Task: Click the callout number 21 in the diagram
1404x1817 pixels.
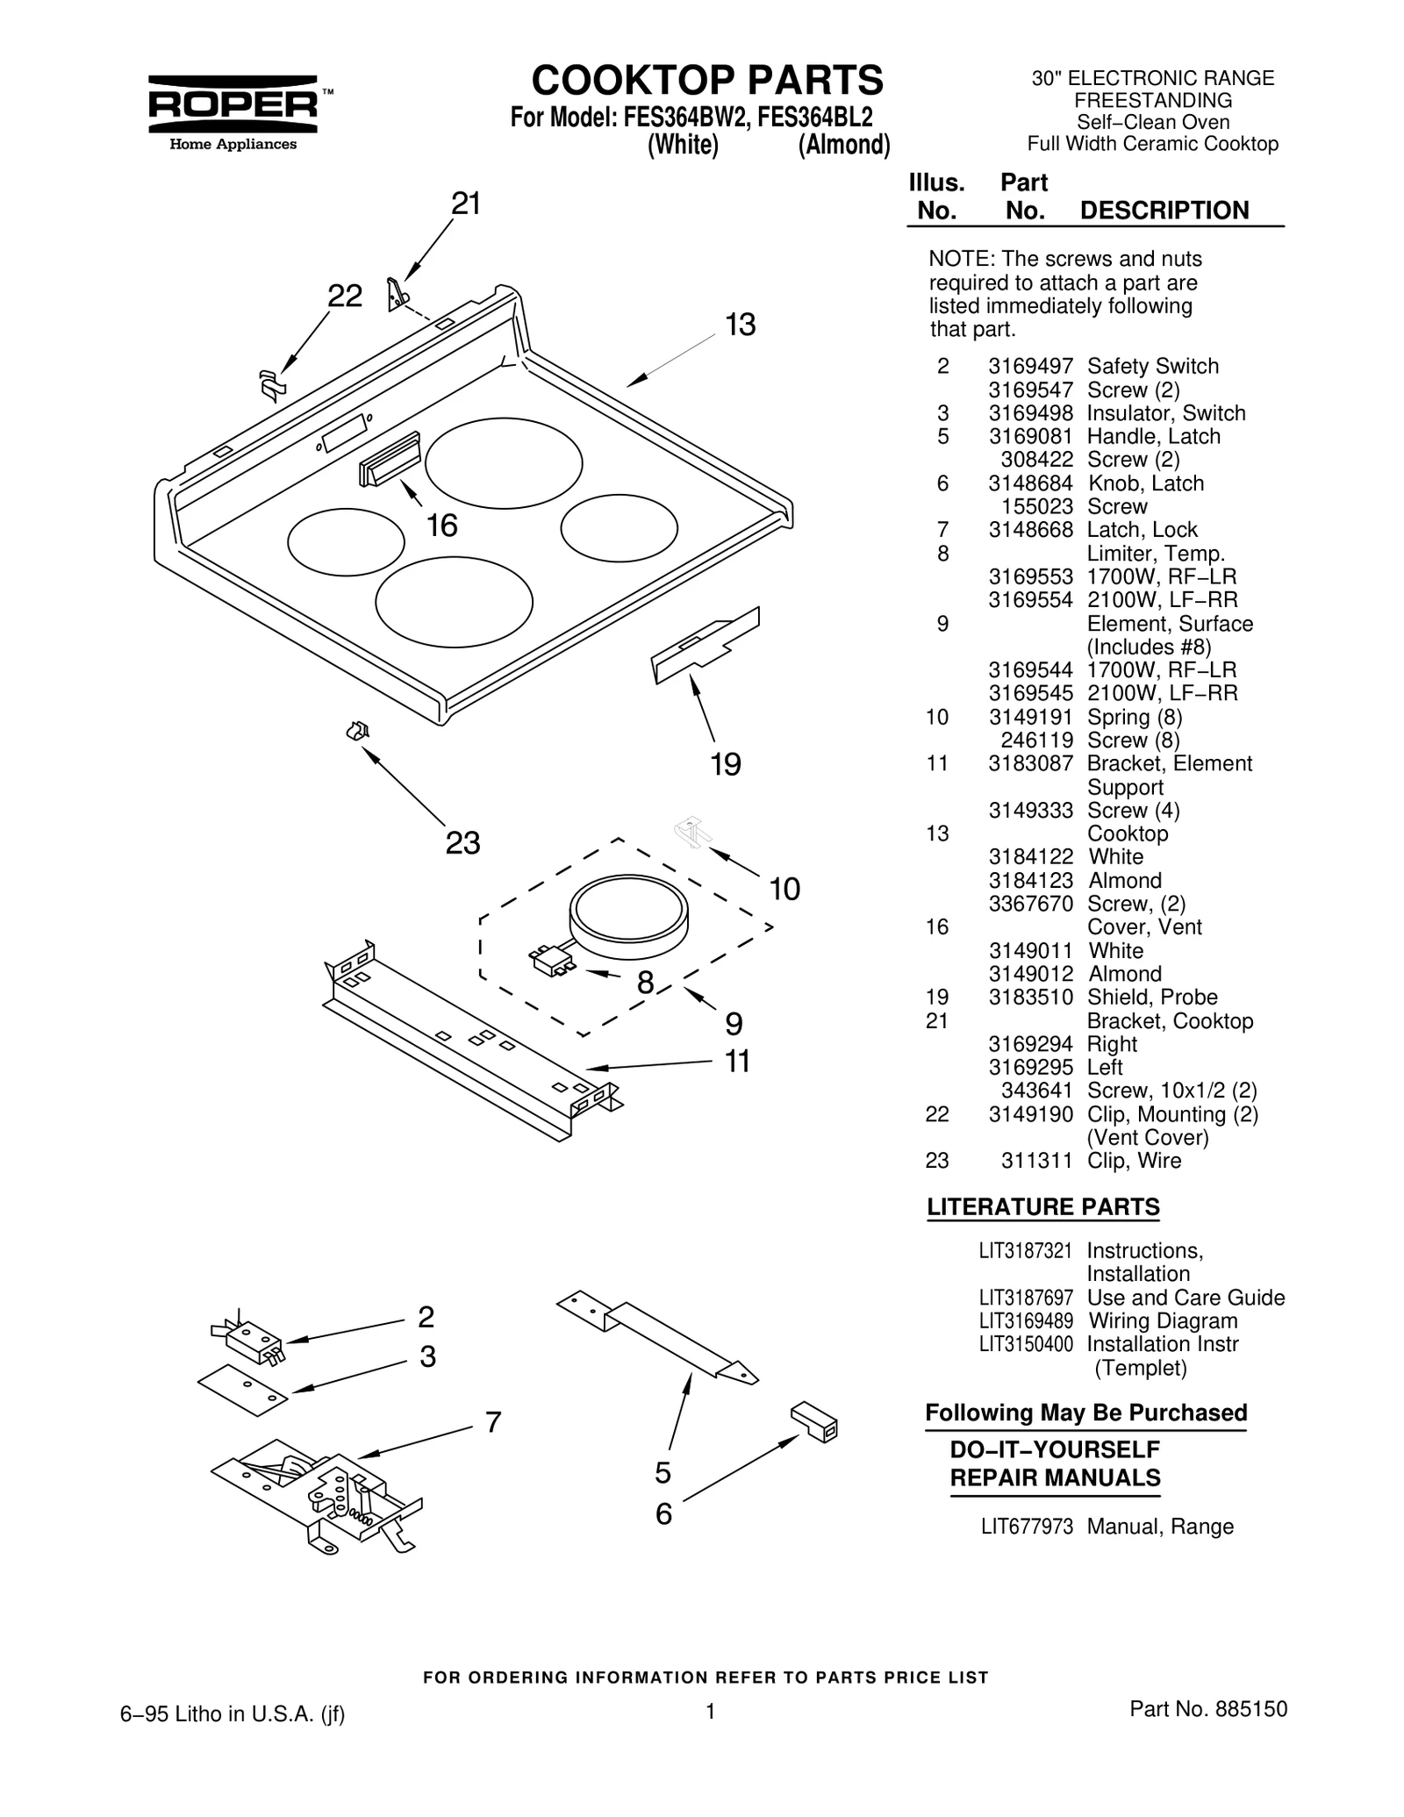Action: (466, 204)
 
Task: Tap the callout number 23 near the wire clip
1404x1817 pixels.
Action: (462, 843)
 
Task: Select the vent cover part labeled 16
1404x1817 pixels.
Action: (390, 460)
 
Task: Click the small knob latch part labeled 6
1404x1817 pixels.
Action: (814, 1422)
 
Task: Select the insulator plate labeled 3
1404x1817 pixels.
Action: (243, 1391)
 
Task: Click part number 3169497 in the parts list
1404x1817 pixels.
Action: (1030, 367)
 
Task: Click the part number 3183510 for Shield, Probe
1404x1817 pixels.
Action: (1030, 998)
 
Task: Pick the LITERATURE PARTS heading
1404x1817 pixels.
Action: (1042, 1207)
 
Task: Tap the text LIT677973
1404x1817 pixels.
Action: (1027, 1527)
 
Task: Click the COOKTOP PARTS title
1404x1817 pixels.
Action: (707, 81)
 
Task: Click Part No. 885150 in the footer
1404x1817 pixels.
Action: (1207, 1709)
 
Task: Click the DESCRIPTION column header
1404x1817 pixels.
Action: (1164, 211)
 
